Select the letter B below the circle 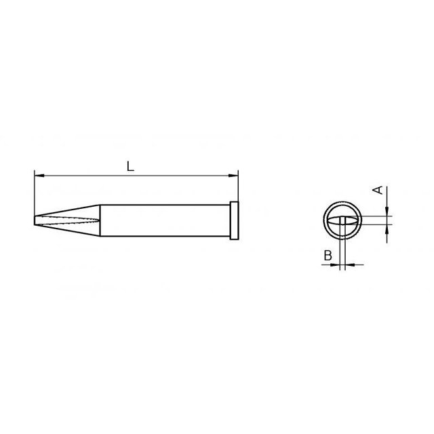[x=327, y=256]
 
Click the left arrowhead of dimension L [x=38, y=176]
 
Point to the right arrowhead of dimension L [x=235, y=176]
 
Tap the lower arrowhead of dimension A [x=386, y=230]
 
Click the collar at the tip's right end [x=235, y=220]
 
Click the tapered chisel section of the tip [x=71, y=220]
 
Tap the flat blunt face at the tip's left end [x=35, y=220]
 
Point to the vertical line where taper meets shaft [x=102, y=220]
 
